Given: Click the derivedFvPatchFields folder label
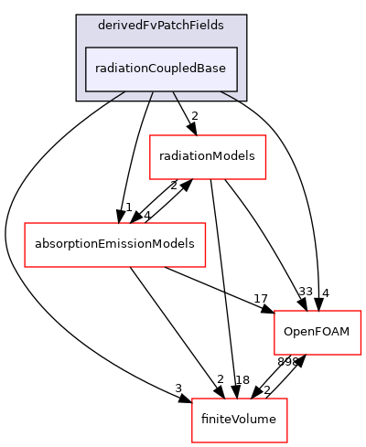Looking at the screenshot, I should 161,26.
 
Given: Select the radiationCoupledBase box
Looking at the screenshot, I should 161,69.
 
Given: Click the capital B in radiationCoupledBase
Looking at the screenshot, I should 203,69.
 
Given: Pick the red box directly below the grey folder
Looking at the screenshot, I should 208,157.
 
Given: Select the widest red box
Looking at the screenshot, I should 114,245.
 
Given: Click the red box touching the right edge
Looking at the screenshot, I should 318,333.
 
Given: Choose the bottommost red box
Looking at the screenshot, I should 240,420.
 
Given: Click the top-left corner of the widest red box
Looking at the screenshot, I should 25,223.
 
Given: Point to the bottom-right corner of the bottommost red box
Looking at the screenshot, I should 287,442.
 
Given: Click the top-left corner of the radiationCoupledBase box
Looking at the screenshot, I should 86,47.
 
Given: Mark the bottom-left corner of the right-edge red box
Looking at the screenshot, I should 274,355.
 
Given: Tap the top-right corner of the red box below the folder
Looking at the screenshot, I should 265,135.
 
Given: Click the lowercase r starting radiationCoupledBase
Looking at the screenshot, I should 97,69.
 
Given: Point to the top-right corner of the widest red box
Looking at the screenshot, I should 205,223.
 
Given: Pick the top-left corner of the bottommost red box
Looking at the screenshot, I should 192,399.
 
